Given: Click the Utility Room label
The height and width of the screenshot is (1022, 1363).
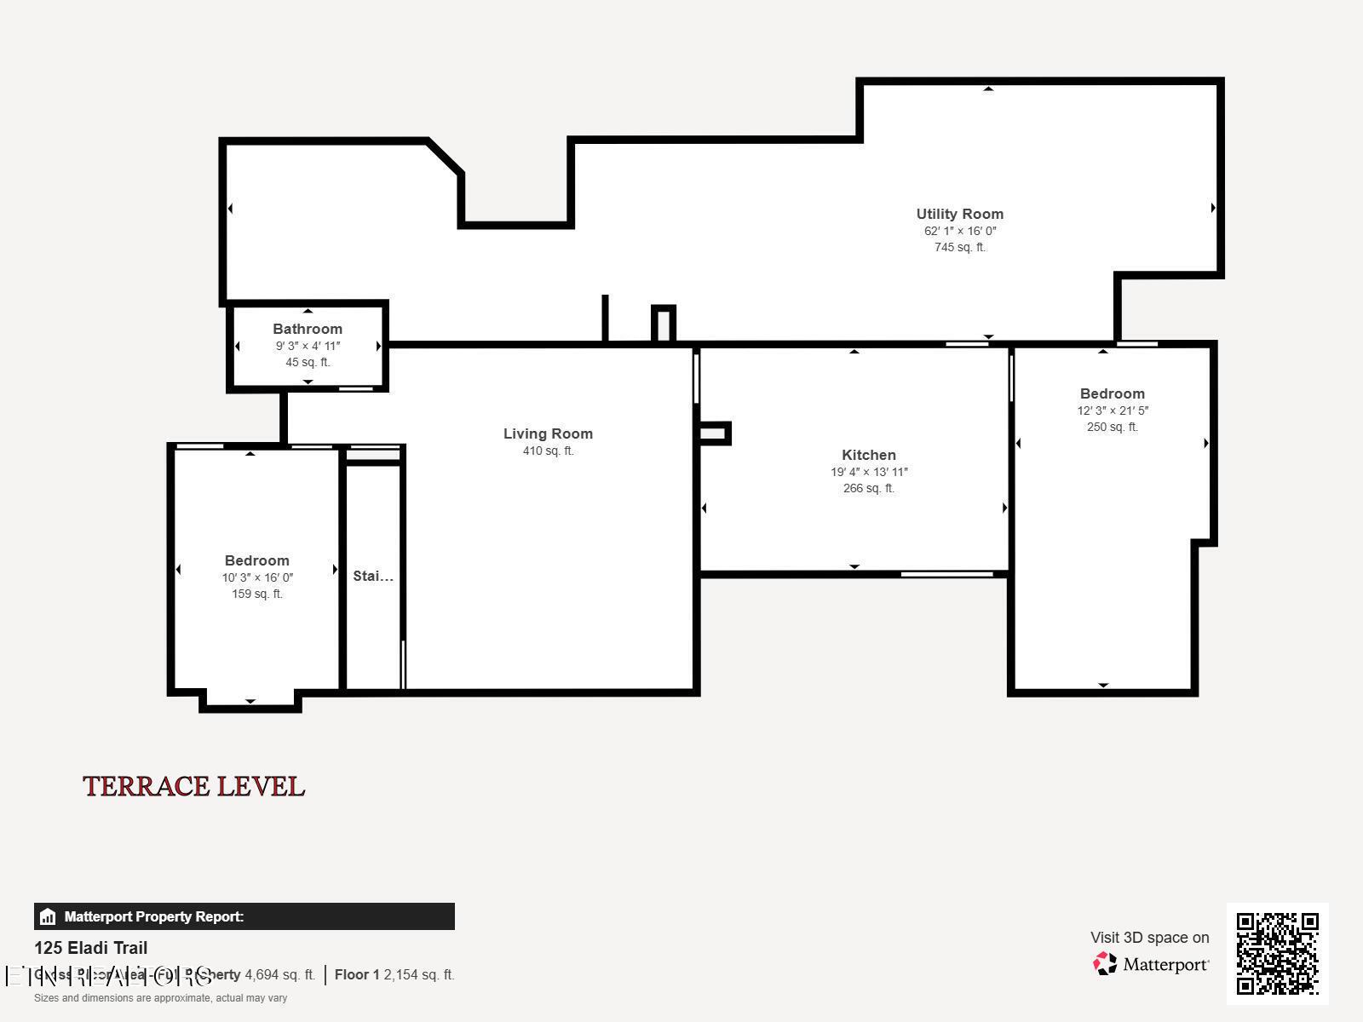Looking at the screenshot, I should (959, 214).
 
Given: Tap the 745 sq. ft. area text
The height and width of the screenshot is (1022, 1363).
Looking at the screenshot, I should (959, 247).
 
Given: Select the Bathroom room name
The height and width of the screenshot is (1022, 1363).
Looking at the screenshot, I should (308, 329).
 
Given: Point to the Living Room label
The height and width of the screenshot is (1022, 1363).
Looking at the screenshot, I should (548, 433).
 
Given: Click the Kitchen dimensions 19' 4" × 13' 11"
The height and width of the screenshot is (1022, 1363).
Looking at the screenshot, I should (868, 472).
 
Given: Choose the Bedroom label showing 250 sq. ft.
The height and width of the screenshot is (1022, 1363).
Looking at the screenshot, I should (1112, 393).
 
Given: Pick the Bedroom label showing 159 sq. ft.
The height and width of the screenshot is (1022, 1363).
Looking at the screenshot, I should (256, 560).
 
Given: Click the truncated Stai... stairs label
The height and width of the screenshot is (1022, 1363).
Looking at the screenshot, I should (373, 576).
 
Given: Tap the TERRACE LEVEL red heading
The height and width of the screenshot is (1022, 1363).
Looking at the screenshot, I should (193, 786).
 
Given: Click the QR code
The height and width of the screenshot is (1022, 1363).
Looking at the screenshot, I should (1277, 953).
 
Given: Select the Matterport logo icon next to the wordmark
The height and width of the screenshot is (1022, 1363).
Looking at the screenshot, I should (1105, 963).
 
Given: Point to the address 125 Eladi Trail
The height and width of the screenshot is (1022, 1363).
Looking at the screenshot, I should (90, 948).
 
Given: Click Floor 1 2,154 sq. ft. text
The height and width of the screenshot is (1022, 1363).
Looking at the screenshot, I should (394, 974).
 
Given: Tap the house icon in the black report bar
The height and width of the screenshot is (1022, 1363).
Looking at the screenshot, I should (48, 916).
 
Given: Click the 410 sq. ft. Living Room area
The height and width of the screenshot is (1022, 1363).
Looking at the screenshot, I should (548, 451).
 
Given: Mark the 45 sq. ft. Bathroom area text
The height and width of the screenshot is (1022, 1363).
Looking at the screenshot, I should (308, 362).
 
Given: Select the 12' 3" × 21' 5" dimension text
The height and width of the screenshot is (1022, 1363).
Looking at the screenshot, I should (1112, 411).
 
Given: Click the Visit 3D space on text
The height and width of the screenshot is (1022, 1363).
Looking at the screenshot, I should (1149, 937).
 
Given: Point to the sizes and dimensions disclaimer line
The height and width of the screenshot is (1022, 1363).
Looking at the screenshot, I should (160, 997).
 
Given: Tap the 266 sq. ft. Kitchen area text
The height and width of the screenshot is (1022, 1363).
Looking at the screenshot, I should (868, 488).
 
